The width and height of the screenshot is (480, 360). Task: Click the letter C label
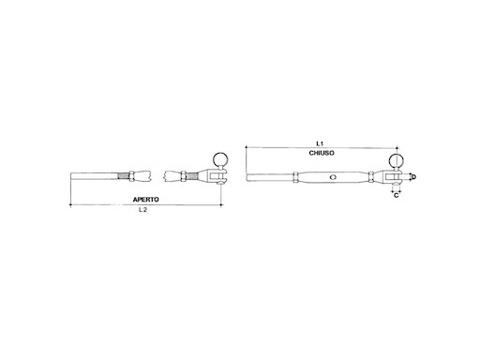(x=397, y=198)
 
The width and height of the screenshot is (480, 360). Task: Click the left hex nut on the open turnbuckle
(x=144, y=176)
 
